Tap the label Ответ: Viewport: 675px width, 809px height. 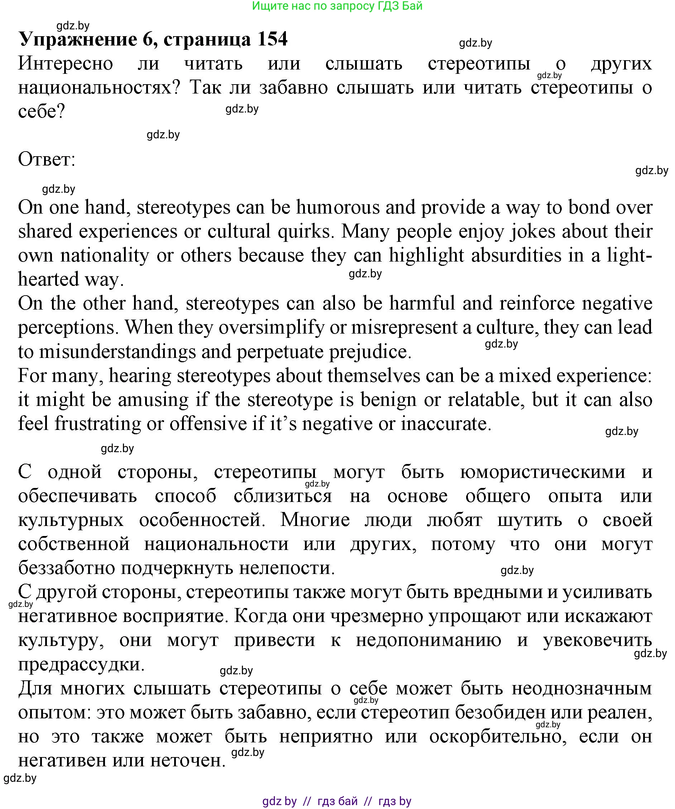47,159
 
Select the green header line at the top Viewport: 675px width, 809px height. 337,6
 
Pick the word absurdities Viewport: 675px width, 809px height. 516,255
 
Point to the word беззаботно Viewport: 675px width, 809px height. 67,568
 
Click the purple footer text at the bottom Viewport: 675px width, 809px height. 337,800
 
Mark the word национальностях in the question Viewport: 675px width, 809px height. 99,88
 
